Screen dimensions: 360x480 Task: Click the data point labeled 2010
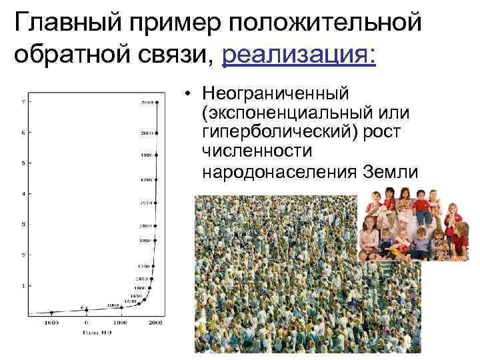click(x=155, y=102)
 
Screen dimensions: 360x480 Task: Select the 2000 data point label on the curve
click(x=146, y=133)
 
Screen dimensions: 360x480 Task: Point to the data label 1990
click(x=146, y=155)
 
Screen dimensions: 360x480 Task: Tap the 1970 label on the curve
click(x=146, y=202)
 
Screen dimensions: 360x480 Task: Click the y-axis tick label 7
click(x=23, y=102)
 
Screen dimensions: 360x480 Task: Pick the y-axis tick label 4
click(x=23, y=194)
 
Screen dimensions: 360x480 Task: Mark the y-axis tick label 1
click(x=23, y=286)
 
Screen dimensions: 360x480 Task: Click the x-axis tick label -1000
click(x=51, y=323)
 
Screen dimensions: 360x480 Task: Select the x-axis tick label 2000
click(x=155, y=323)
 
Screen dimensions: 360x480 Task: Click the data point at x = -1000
click(x=51, y=312)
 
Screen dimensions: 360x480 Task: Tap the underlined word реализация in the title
click(x=299, y=54)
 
